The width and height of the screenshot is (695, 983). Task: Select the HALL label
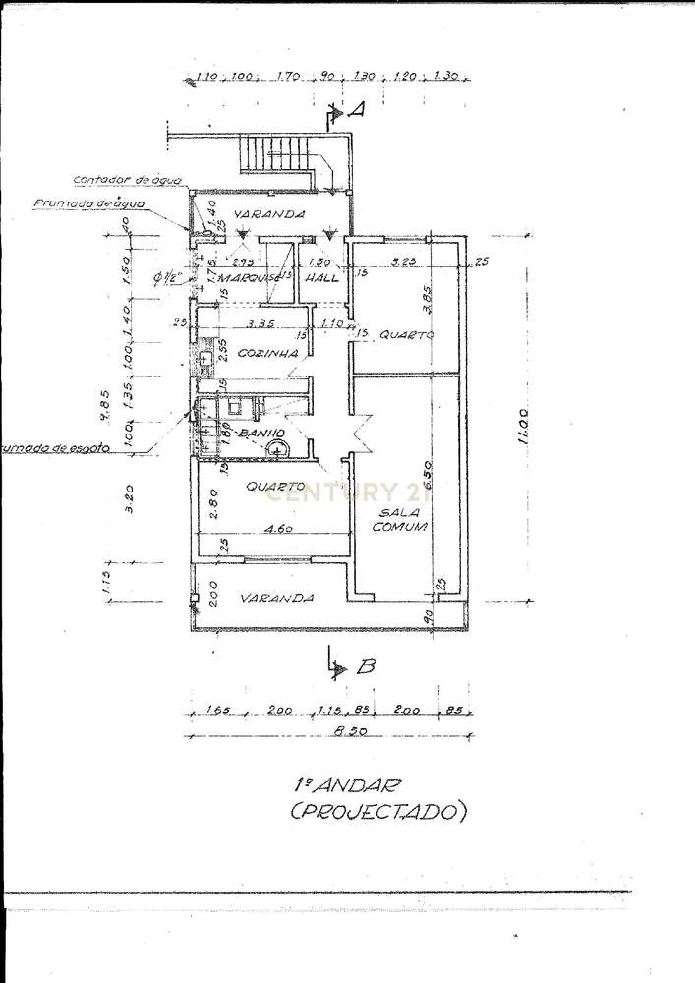point(323,278)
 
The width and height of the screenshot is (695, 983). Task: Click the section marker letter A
point(358,111)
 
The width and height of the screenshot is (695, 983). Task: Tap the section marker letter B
point(366,666)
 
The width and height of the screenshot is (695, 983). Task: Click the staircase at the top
point(277,158)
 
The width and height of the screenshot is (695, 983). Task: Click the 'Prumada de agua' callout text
point(89,203)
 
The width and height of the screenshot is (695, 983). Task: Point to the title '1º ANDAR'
point(335,785)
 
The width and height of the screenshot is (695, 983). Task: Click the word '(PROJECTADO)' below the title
point(377,813)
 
